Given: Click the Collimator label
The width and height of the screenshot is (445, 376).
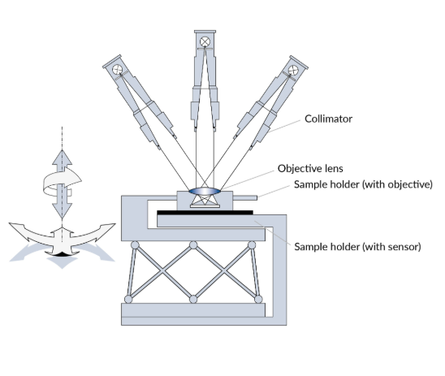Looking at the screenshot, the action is pos(328,119).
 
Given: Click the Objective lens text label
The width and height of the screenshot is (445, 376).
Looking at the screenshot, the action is pos(310,169).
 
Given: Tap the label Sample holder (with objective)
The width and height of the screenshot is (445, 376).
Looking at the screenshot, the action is pos(363,184).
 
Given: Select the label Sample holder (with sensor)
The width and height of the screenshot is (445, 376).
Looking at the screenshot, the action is pos(357,247).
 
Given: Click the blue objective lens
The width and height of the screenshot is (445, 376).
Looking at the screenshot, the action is pos(205,191).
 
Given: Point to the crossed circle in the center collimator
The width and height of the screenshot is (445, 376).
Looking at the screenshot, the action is pos(205,41).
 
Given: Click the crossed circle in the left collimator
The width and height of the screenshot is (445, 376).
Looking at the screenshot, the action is pos(117,70).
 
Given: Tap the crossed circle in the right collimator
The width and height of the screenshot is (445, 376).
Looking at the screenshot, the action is pos(293,71).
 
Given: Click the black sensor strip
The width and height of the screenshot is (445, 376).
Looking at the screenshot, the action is pos(205,213).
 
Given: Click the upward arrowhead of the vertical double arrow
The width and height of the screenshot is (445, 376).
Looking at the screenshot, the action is pos(63,157).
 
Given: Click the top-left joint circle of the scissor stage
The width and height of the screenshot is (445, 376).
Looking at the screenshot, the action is pos(135,245).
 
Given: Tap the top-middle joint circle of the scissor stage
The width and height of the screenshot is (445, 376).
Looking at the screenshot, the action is pos(193,245).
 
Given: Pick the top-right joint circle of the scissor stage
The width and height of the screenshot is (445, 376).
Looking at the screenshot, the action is pos(252,245).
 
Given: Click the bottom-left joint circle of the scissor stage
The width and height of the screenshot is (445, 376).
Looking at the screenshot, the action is pos(128,299).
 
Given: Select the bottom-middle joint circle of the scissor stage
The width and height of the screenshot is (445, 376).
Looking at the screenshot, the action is pos(193,299).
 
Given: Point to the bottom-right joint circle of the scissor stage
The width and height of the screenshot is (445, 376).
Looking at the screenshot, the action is pos(258,299).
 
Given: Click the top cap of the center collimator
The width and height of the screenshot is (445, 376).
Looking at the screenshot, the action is pos(205,32).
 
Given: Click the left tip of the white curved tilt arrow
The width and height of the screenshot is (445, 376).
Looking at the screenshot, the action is pos(10,223).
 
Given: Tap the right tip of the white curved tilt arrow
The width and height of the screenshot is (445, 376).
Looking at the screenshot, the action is pos(115,224).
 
